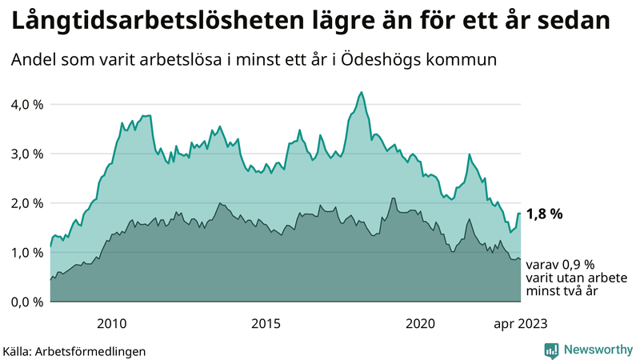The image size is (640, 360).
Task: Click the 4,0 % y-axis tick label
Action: tap(26, 104)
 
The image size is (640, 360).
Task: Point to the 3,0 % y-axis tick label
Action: tap(26, 154)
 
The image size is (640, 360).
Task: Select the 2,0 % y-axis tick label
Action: tap(26, 203)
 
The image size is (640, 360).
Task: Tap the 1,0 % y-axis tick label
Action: tap(26, 253)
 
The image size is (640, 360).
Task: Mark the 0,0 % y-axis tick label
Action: tap(26, 302)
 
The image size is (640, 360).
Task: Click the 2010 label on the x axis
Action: tap(112, 323)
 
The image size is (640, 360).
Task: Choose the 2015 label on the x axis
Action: tap(266, 323)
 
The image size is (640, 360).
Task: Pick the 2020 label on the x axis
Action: tap(421, 323)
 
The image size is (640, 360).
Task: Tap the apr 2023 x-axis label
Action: tap(519, 323)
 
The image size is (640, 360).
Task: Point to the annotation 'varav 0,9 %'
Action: tap(561, 264)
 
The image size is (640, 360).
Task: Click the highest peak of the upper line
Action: tap(362, 93)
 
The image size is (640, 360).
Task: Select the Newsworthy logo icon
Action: tap(551, 350)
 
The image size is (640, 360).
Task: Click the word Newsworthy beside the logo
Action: tap(597, 350)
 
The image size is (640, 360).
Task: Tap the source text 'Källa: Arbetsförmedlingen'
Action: tap(74, 350)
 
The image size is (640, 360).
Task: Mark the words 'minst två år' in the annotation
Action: tap(562, 292)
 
